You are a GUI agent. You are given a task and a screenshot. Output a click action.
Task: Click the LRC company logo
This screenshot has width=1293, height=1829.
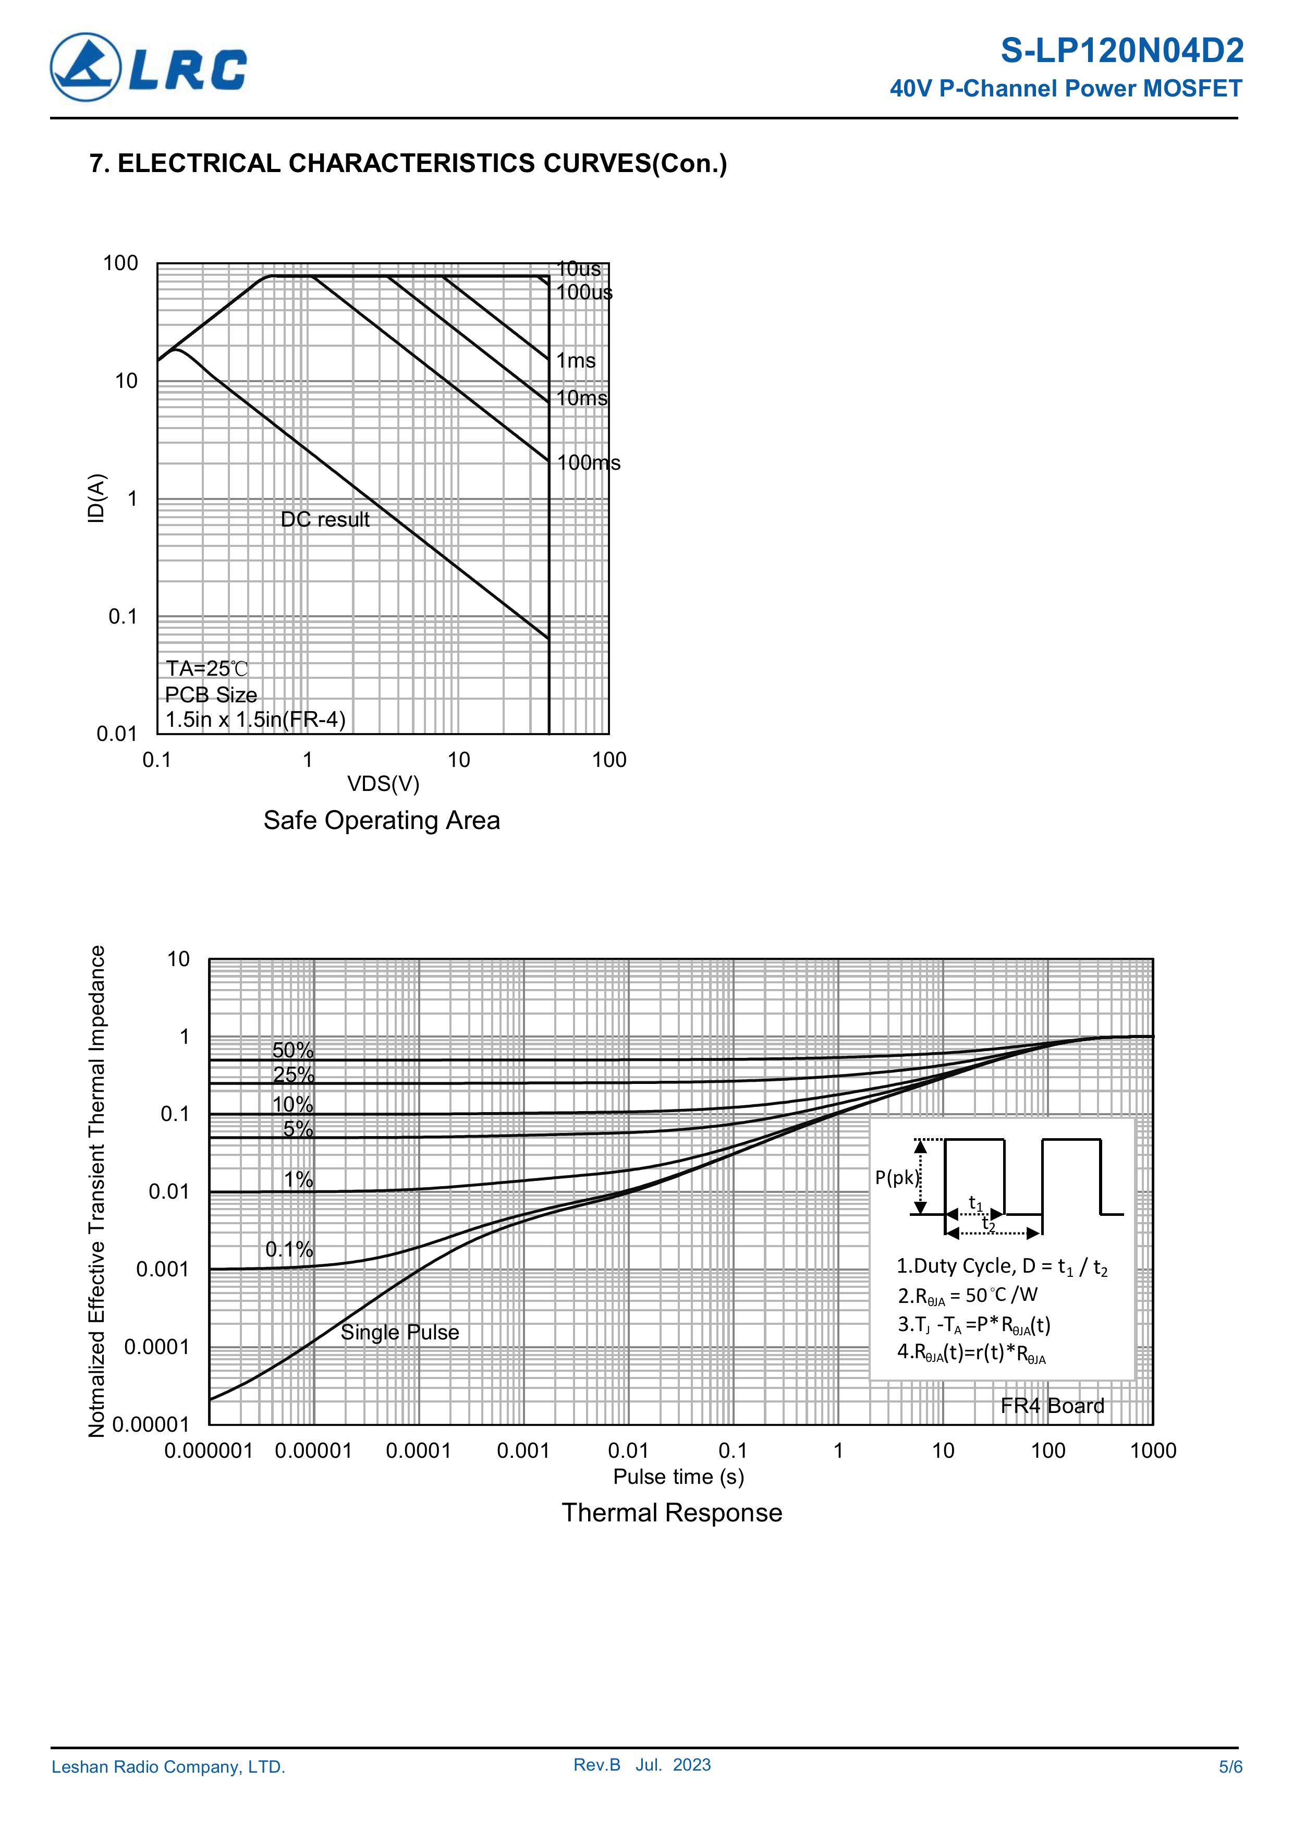point(148,67)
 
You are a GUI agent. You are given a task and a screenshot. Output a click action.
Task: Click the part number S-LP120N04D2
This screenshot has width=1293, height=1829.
point(1121,51)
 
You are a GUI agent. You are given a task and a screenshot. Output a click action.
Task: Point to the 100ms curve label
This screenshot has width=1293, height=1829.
point(588,463)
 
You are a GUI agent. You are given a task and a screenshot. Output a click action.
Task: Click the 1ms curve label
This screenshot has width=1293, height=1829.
point(575,361)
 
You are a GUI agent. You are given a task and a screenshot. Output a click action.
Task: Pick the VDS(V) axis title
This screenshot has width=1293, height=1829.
point(382,784)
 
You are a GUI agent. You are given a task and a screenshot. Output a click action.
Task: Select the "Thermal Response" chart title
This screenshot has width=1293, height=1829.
point(672,1512)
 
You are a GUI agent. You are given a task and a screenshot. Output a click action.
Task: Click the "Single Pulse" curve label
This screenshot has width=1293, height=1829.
point(400,1332)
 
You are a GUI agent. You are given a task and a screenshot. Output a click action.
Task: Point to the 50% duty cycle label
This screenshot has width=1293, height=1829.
point(292,1051)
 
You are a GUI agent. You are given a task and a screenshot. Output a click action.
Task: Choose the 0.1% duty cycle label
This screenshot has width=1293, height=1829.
point(289,1249)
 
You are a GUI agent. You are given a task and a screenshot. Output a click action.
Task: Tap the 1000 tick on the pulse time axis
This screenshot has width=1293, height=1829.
point(1152,1450)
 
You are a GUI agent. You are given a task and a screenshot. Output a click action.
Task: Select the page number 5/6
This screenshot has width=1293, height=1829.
point(1229,1767)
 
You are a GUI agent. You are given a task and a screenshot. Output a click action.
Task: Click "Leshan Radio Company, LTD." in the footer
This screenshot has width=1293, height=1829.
point(168,1767)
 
